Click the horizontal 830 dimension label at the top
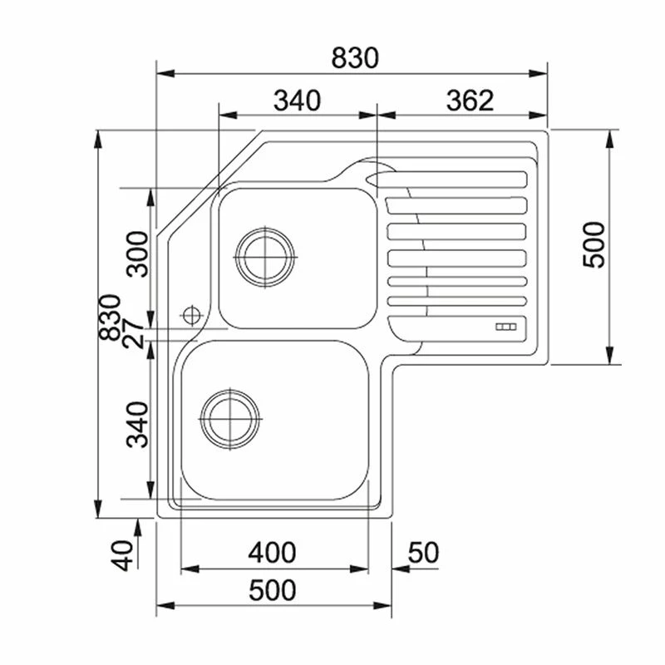pos(355,58)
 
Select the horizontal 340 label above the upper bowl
pos(297,101)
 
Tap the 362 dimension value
pos(470,101)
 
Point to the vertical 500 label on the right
pos(594,244)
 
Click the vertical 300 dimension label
pos(138,254)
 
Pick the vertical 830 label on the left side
pos(110,318)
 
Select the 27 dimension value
pos(134,334)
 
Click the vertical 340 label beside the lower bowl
pos(138,425)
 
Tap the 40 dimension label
pos(122,555)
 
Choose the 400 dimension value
pos(272,552)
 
